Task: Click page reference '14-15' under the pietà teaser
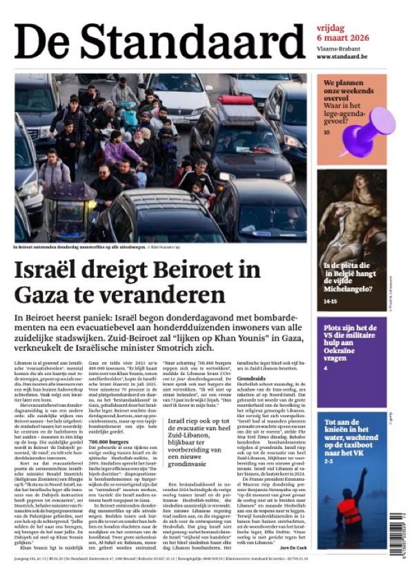(331, 301)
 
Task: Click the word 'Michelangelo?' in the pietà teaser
(351, 291)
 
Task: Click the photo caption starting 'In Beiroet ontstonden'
(90, 246)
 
